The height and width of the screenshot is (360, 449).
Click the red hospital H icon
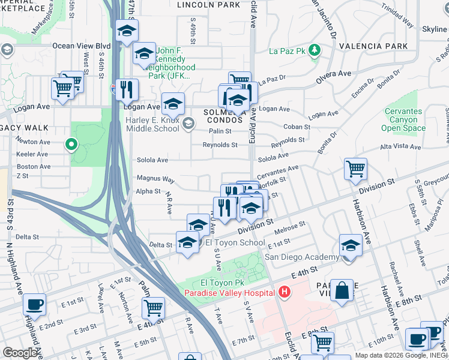[285, 293]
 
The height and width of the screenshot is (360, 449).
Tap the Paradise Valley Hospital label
[231, 293]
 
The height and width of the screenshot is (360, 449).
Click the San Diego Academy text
[302, 257]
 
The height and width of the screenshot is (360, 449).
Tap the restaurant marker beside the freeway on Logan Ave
[126, 90]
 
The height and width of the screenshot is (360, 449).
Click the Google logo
[20, 353]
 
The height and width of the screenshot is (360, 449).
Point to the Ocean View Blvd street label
[82, 46]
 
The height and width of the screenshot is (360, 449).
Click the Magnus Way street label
[155, 179]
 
